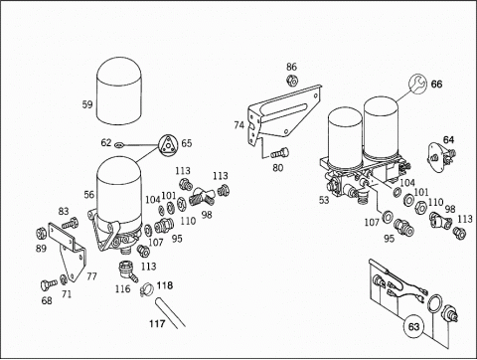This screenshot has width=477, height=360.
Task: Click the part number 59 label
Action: pos(87,104)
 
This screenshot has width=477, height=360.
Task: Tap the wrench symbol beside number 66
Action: pos(417,84)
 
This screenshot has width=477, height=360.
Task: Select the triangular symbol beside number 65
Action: pos(168,145)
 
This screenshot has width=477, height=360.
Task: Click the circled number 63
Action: pos(413,327)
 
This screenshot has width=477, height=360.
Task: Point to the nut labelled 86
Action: pos(292,80)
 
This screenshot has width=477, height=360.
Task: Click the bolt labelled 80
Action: pos(280,153)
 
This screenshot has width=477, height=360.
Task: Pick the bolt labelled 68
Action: pos(49,284)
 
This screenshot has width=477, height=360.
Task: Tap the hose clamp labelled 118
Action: pos(147,289)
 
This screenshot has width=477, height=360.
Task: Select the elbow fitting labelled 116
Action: pos(127,270)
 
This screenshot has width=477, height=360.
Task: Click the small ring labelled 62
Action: pos(118,144)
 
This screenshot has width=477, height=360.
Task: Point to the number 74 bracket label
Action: pos(239,125)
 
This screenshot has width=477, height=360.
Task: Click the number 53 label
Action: pos(324,200)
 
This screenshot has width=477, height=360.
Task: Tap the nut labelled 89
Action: pos(41,234)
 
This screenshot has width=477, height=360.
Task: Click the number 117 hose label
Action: pos(157,323)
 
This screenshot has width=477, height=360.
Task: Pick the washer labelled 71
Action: pos(64,278)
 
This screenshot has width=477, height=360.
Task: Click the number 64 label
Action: pos(448,140)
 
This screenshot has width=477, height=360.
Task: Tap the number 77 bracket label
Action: pos(91,276)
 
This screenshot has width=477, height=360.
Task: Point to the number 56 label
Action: pos(89,194)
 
